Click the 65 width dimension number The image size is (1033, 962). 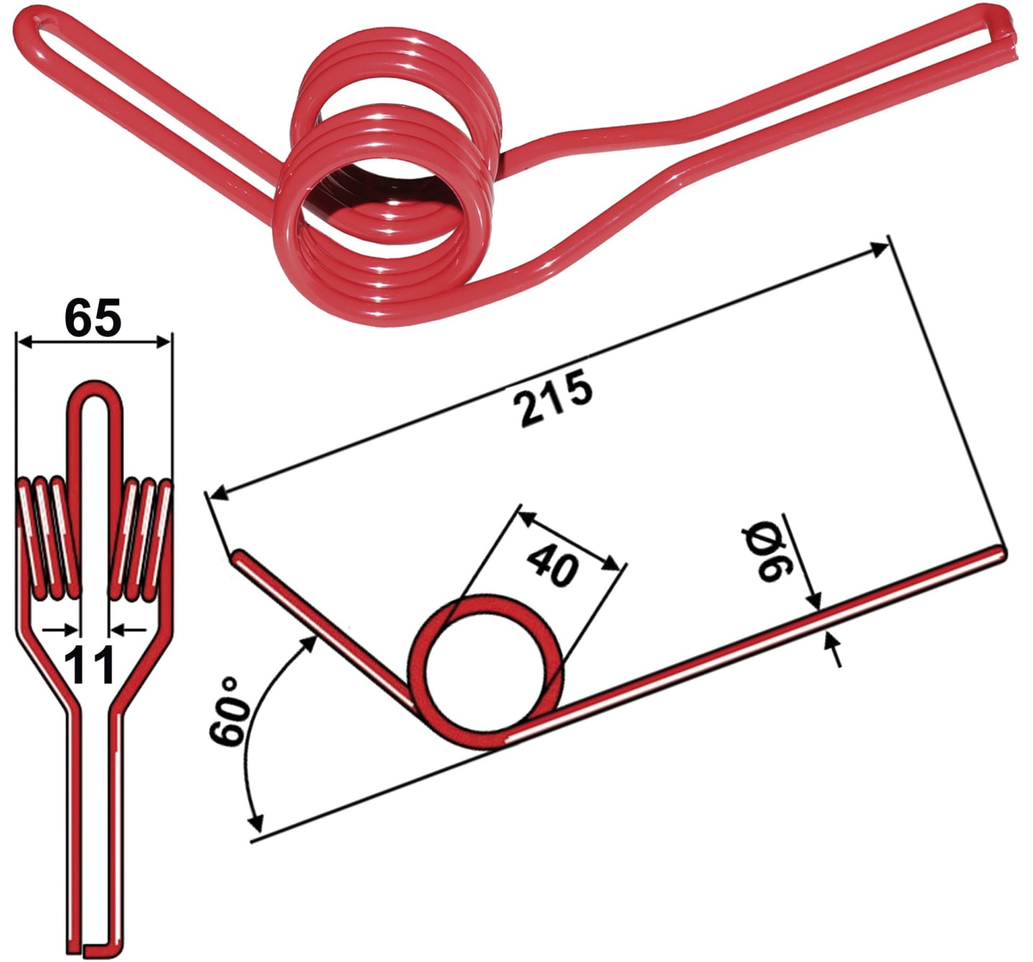(93, 317)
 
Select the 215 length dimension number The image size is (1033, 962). (553, 398)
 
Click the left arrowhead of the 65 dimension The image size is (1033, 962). (25, 342)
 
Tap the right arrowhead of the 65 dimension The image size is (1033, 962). (164, 342)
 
